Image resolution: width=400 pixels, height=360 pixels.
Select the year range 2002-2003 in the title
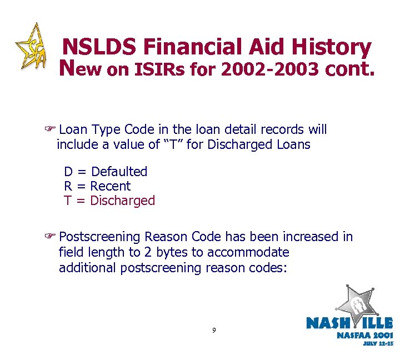click(269, 71)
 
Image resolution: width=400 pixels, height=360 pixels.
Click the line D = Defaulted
click(106, 172)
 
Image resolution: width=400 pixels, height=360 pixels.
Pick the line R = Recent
click(97, 186)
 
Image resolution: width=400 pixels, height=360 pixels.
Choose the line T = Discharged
click(109, 201)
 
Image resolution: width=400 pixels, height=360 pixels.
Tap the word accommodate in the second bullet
click(248, 252)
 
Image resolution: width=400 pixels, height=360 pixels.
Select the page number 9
click(214, 331)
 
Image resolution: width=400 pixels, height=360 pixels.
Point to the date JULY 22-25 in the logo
click(378, 343)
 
